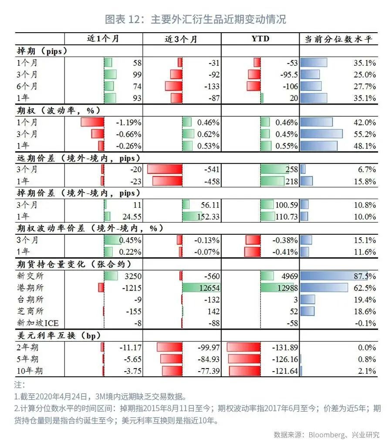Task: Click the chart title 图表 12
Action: tap(196, 20)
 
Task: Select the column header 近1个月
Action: tap(103, 39)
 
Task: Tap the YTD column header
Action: tap(260, 39)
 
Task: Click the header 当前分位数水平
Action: tap(338, 39)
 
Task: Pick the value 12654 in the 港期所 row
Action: tap(209, 288)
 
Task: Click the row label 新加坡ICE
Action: tap(38, 323)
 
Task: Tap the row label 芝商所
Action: tap(30, 311)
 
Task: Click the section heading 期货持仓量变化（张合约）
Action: tap(74, 264)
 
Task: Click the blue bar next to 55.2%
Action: tap(321, 134)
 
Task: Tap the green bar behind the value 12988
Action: tap(279, 288)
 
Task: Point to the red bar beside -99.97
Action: tap(169, 347)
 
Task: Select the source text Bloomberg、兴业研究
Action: tap(344, 434)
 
